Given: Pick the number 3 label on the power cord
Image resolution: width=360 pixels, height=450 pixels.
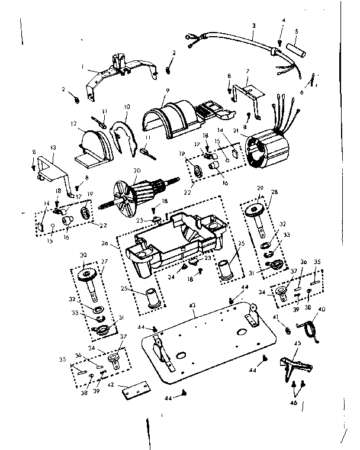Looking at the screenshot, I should click(x=253, y=26).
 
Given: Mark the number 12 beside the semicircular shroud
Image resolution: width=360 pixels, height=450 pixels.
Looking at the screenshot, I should click(x=75, y=124).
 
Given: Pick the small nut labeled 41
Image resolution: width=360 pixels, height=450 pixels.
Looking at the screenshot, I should click(x=283, y=327).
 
